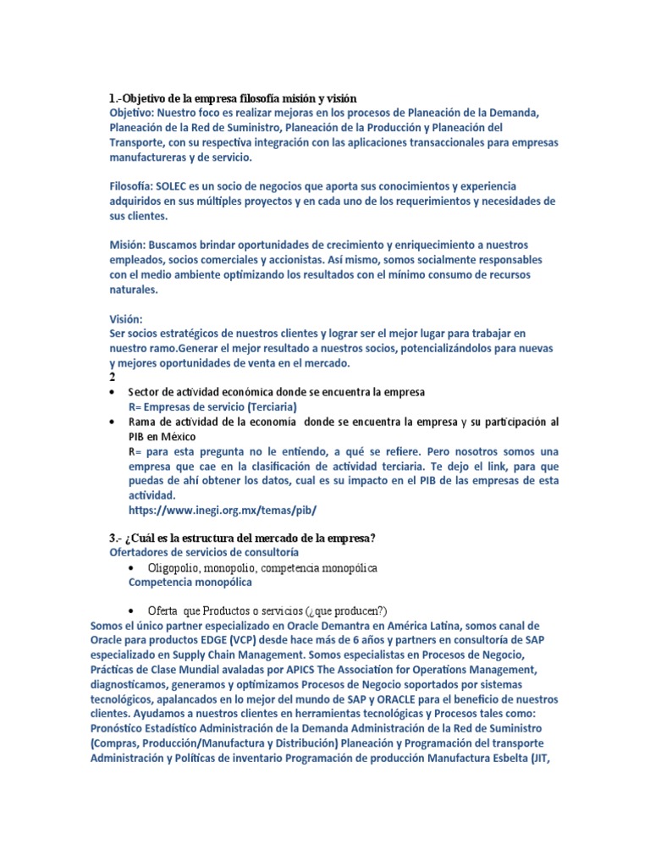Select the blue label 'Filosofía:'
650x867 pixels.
134,185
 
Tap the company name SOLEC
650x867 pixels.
175,185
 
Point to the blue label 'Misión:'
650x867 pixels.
129,244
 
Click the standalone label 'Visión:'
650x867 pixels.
126,319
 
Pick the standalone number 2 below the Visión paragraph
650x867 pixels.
113,378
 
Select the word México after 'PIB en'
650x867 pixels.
184,437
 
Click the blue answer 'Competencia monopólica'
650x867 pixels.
190,583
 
